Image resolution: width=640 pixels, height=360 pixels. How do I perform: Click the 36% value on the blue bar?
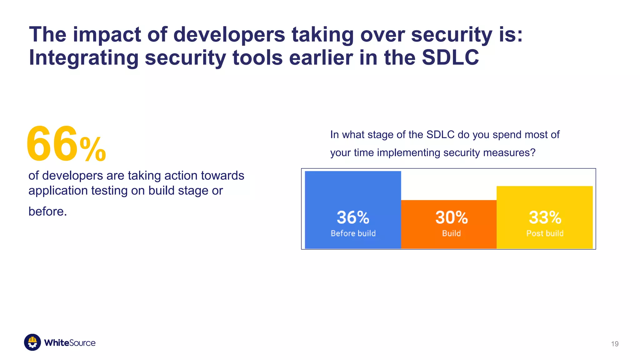coord(353,217)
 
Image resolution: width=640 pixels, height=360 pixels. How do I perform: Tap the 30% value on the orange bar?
coord(451,217)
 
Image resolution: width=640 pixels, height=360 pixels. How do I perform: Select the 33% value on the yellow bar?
coord(545,217)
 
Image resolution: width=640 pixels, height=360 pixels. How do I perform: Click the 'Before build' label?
coord(353,233)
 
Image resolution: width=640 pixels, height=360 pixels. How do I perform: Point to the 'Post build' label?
coord(545,233)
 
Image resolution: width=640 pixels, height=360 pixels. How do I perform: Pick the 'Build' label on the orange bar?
coord(451,233)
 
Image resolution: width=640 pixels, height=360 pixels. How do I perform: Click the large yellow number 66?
coord(52,144)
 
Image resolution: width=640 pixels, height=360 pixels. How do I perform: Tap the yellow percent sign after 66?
coord(93,149)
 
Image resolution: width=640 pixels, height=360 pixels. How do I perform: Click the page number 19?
coord(614,344)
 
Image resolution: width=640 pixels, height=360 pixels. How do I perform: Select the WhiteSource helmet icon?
coord(32,342)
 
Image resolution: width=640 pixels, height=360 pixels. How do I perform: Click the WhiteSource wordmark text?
coord(70,343)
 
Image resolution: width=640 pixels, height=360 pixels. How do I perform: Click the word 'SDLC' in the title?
coord(450,57)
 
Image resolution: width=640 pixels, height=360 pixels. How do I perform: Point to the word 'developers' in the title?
coord(229,34)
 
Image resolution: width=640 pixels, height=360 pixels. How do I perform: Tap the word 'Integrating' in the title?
coord(84,58)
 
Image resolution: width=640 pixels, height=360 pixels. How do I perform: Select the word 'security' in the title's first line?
coord(451,34)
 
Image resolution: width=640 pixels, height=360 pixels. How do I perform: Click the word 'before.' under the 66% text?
coord(47,212)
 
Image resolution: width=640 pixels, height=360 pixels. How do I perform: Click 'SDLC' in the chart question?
coord(440,135)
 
